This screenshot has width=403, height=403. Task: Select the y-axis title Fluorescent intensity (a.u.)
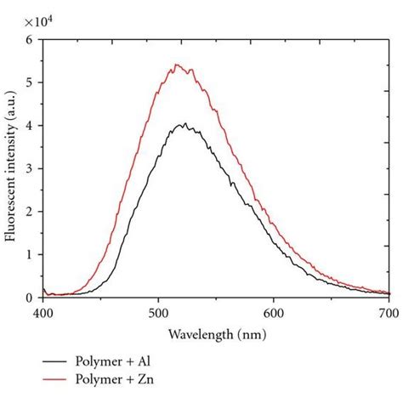pyautogui.click(x=12, y=168)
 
